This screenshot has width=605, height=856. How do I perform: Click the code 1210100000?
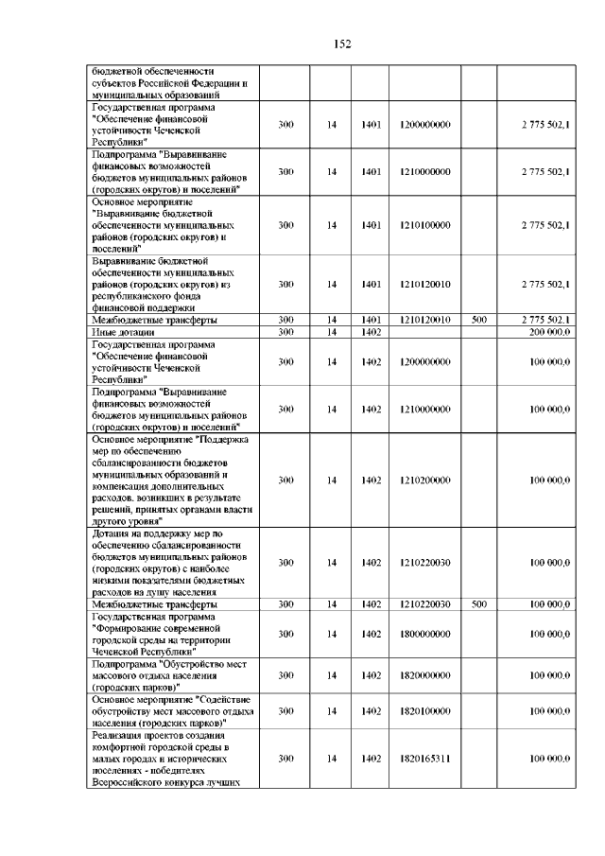pos(424,225)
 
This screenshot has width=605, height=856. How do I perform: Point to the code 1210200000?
pos(424,480)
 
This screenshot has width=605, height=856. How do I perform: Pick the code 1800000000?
pos(424,634)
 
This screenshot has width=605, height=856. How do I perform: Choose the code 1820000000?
pos(424,676)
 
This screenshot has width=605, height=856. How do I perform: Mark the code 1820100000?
pos(424,710)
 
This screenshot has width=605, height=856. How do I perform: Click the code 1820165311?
pos(424,758)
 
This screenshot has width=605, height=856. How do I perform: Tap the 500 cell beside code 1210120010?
pos(478,320)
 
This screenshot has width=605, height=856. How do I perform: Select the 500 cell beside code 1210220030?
pos(478,603)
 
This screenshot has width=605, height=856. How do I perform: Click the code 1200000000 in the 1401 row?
pos(424,124)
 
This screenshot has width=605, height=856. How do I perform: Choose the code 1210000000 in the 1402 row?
pos(424,409)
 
